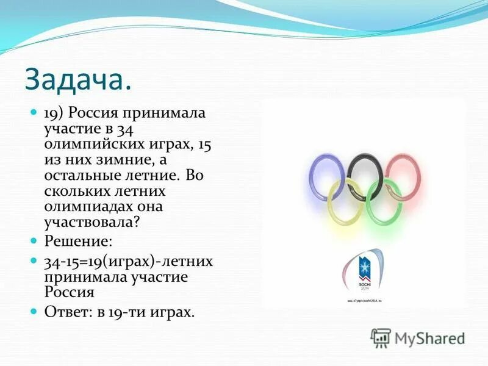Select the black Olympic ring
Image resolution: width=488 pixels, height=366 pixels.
(x=365, y=176)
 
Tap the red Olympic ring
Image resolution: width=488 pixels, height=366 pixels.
(x=403, y=177)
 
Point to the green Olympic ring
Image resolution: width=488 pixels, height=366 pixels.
(x=384, y=201)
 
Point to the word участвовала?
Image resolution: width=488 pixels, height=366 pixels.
(x=91, y=222)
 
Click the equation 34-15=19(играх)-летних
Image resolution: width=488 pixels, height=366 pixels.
(x=128, y=262)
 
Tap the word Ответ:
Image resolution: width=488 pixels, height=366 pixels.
(x=65, y=313)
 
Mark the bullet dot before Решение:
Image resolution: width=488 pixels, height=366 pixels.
(x=34, y=242)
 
